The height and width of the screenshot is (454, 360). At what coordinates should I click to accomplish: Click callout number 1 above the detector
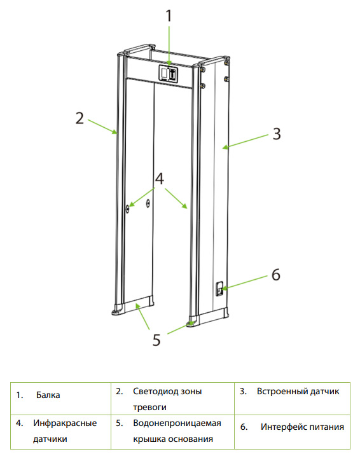coord(169,16)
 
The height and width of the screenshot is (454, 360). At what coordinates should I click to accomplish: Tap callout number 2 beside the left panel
coord(80,118)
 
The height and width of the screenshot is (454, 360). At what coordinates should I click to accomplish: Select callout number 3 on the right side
coord(277,134)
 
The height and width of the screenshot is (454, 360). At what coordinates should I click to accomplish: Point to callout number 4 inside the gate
coord(160,178)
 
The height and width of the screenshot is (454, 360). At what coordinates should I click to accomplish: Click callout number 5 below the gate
coord(156,340)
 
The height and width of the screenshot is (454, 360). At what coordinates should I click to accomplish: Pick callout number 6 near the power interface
coord(276,274)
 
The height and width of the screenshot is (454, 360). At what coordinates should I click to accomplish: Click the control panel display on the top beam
coord(168,74)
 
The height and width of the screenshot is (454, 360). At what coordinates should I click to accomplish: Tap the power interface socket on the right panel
coord(220,289)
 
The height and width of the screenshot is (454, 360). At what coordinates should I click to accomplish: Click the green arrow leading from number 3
coord(246,141)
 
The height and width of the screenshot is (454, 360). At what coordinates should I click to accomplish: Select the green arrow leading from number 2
coord(102,127)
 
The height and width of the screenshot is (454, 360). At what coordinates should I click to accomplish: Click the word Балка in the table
coord(48,395)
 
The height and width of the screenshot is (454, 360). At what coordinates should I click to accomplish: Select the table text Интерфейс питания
coord(302,427)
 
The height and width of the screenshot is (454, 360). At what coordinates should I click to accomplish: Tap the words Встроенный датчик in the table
coord(298,392)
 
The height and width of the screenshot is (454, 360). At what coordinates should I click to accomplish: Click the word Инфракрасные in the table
coord(65,423)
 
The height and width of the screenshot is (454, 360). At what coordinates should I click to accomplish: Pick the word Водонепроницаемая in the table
coord(177,423)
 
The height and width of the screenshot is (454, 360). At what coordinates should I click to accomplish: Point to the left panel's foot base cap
coord(118,310)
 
